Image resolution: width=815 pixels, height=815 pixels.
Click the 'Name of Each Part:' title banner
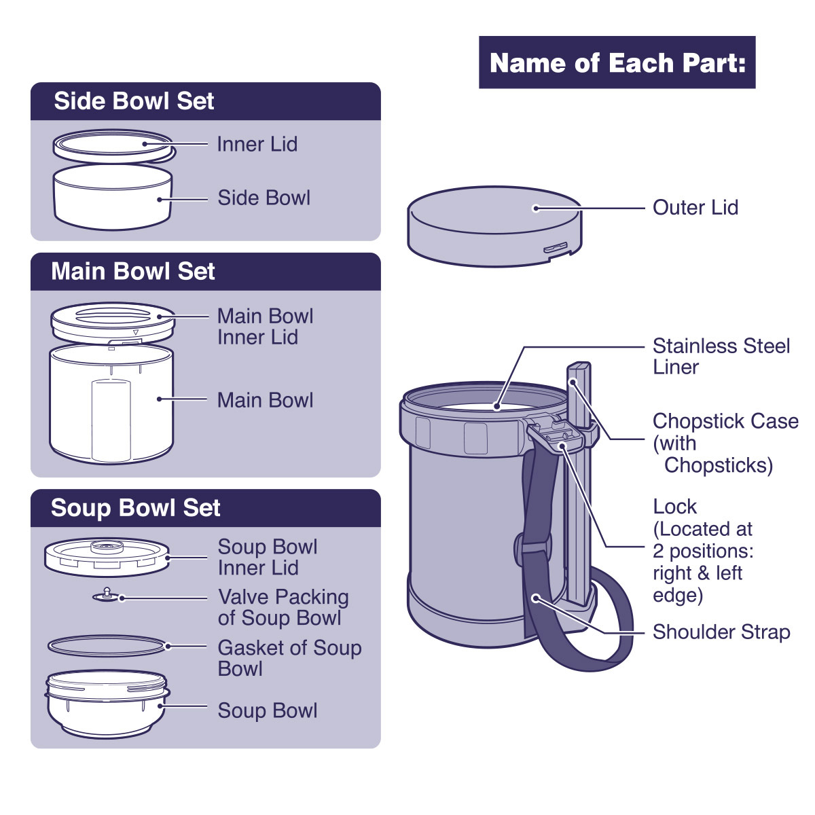pyautogui.click(x=617, y=62)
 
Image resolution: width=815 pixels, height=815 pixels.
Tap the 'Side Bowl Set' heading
pyautogui.click(x=134, y=101)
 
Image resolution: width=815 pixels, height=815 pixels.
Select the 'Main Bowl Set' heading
pyautogui.click(x=133, y=271)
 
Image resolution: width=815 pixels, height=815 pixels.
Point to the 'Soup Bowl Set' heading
pyautogui.click(x=135, y=507)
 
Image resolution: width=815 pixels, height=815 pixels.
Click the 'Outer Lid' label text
pyautogui.click(x=695, y=207)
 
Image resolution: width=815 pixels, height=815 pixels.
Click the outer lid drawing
pyautogui.click(x=494, y=227)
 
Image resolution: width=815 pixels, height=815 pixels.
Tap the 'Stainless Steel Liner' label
pyautogui.click(x=721, y=356)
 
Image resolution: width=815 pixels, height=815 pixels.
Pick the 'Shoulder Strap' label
pyautogui.click(x=721, y=632)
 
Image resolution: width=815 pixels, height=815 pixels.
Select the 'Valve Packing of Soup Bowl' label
pyautogui.click(x=283, y=607)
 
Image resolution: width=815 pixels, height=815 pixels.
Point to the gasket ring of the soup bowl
pyautogui.click(x=107, y=646)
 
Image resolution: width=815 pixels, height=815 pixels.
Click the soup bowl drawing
pyautogui.click(x=107, y=704)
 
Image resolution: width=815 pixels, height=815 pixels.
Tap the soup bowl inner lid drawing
pyautogui.click(x=107, y=557)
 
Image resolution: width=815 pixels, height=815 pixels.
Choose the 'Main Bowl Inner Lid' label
pyautogui.click(x=265, y=327)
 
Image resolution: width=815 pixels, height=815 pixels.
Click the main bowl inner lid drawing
pyautogui.click(x=113, y=323)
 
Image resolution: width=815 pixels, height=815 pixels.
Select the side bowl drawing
pyautogui.click(x=113, y=197)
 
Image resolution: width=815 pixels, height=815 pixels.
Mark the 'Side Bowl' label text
pyautogui.click(x=264, y=198)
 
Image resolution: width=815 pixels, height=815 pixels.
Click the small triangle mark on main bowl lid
pyautogui.click(x=136, y=332)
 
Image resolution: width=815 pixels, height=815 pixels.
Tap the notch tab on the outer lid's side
pyautogui.click(x=556, y=247)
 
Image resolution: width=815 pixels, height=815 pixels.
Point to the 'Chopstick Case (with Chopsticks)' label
pyautogui.click(x=725, y=443)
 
